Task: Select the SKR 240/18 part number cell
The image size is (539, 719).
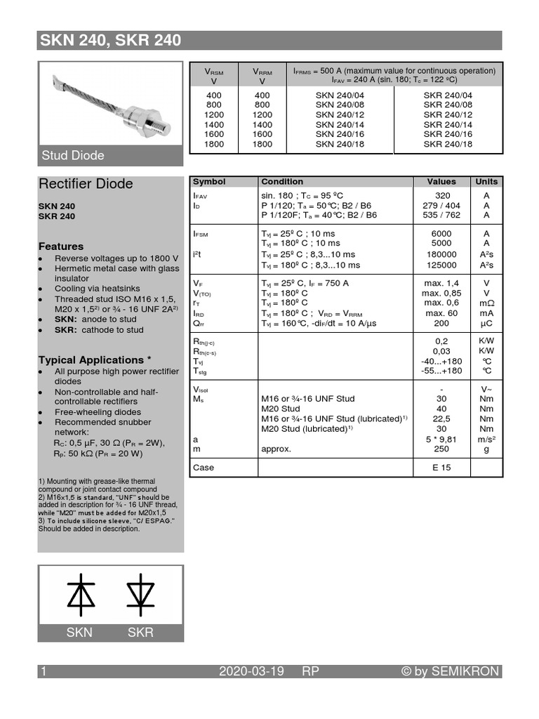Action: [x=448, y=144]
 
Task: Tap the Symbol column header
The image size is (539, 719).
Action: [x=209, y=181]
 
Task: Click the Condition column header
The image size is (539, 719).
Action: [x=282, y=181]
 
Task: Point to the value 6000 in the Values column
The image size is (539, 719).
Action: [x=442, y=233]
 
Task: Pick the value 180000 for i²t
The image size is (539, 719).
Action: [x=442, y=254]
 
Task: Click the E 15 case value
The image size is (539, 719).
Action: [x=442, y=468]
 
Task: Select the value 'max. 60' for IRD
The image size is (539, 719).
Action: [x=442, y=313]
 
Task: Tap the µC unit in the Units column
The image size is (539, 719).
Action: [x=486, y=324]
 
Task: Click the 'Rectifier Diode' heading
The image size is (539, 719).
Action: [x=85, y=184]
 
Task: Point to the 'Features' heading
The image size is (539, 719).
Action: [x=60, y=246]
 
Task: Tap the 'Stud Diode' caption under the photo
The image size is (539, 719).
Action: [x=73, y=155]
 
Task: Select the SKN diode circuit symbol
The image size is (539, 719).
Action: [x=80, y=592]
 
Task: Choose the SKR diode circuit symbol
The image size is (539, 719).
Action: [x=140, y=592]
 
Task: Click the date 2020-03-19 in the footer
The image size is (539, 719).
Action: [x=251, y=672]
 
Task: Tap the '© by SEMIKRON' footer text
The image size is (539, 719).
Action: [x=450, y=672]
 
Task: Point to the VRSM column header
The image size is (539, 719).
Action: [x=213, y=76]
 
